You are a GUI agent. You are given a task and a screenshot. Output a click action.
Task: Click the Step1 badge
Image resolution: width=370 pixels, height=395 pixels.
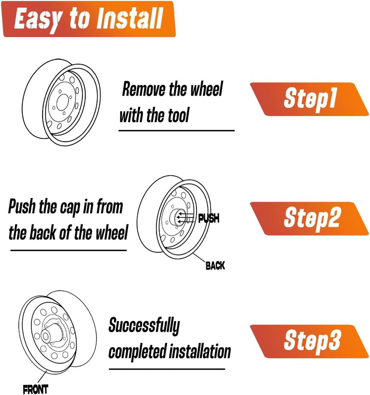click(309, 99)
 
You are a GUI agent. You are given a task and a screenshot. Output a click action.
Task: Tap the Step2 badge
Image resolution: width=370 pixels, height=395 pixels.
click(309, 218)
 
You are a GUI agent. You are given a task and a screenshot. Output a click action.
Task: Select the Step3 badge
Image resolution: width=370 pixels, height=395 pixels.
click(309, 341)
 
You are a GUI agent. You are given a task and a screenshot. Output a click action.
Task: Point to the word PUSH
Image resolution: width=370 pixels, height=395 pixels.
click(209, 218)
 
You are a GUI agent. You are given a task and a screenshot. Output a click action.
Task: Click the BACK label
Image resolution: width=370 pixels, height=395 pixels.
click(215, 265)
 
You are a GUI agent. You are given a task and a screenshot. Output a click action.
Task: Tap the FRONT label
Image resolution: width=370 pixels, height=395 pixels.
click(35, 389)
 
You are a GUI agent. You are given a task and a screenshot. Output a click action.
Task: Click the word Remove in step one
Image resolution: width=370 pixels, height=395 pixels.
click(144, 89)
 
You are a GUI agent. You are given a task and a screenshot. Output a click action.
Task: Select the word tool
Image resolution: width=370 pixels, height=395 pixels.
click(178, 115)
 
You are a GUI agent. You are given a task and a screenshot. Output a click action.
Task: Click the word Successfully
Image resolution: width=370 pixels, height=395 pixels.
click(144, 326)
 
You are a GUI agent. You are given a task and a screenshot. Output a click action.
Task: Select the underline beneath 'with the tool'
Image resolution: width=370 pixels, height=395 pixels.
click(176, 131)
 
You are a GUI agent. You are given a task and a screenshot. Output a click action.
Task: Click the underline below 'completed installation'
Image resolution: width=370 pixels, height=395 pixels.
click(167, 369)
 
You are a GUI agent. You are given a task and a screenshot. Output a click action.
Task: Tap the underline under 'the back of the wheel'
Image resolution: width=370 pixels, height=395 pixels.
click(68, 250)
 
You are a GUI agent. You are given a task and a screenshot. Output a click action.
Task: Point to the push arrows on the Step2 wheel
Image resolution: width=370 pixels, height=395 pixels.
click(185, 218)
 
